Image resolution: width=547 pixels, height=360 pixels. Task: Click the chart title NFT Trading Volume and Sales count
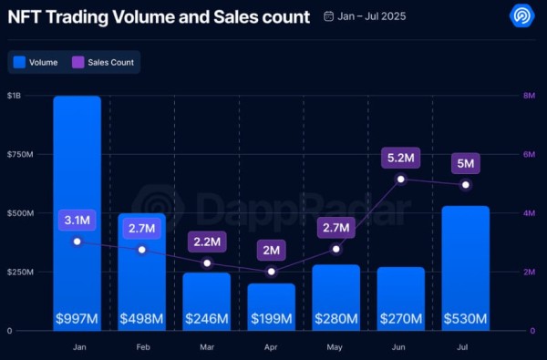[x=157, y=16]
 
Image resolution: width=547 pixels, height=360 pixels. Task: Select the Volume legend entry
[x=36, y=63]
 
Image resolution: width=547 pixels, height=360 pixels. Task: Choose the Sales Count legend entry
[x=106, y=63]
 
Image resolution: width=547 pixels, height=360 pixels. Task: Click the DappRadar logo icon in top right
[x=520, y=16]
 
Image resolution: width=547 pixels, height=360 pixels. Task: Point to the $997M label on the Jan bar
[x=77, y=318]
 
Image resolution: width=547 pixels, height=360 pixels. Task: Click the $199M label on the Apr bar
[x=271, y=318]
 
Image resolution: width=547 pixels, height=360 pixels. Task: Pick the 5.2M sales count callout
[x=401, y=159]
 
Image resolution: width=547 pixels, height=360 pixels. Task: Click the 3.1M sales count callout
[x=77, y=221]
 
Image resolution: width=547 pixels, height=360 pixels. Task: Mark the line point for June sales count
[x=401, y=179]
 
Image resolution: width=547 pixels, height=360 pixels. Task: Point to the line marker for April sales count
[x=271, y=272]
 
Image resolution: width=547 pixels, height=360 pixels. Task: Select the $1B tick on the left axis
[x=15, y=96]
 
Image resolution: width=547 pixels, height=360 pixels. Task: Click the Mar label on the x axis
[x=206, y=346]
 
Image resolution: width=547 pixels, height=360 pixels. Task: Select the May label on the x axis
[x=335, y=346]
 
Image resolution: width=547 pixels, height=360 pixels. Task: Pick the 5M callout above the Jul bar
[x=465, y=164]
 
